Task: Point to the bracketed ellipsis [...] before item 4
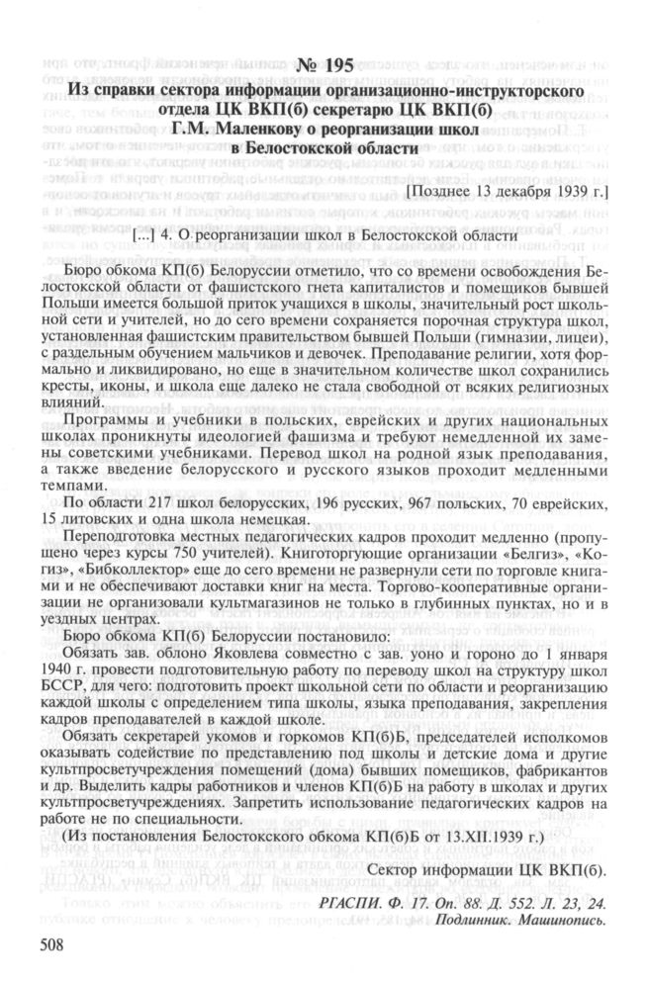pos(144,236)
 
